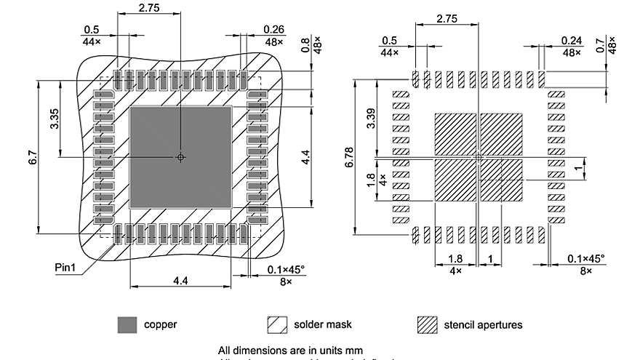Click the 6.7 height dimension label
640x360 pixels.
tap(33, 156)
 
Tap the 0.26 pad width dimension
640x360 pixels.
tap(274, 29)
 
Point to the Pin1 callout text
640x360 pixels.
tap(65, 267)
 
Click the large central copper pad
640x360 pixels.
tap(180, 156)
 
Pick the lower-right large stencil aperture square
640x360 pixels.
tap(501, 180)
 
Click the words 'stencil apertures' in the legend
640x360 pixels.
tap(483, 324)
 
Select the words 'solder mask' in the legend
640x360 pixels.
tap(323, 324)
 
